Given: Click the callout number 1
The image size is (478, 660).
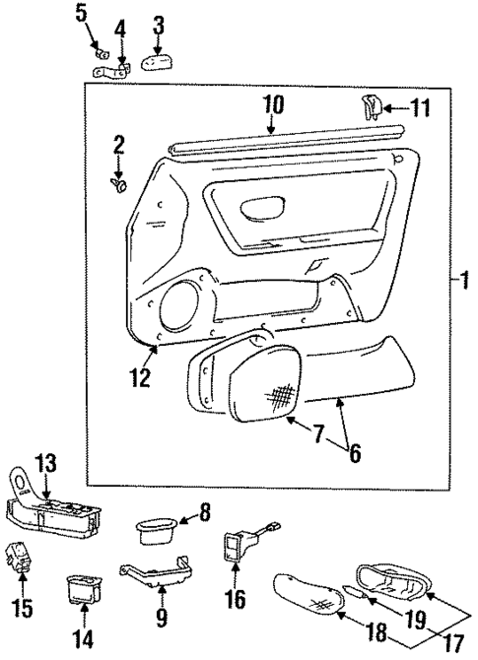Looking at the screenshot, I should coord(458,280).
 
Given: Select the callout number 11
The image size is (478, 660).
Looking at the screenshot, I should coord(421,107).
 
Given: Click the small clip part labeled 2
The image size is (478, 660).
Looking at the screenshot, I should coord(120,181).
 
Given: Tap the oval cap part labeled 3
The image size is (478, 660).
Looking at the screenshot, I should coord(157,63).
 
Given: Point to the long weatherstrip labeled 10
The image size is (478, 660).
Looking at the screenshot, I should coord(286,137).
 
